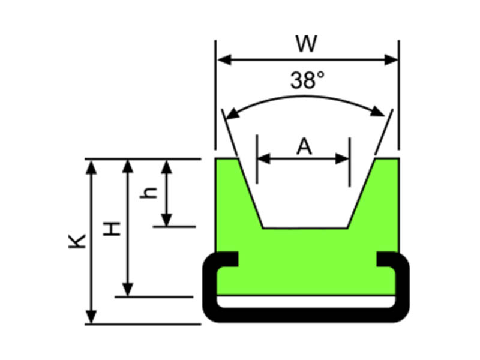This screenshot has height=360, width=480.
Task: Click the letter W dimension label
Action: pos(306,44)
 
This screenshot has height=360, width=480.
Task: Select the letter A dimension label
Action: pos(305,146)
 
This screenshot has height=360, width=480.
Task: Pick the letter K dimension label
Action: pos(78,241)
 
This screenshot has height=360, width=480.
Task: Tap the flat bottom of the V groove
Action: pos(305,229)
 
